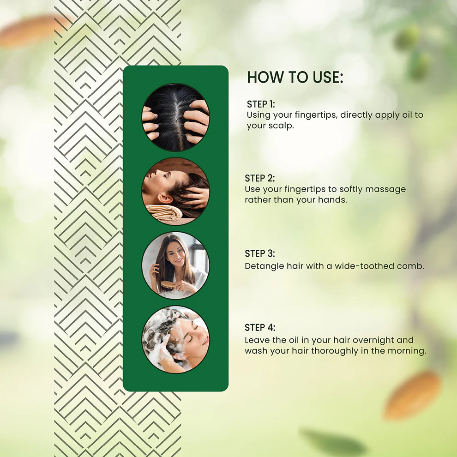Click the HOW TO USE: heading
point(295,77)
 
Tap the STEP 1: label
point(261,104)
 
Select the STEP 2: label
point(260,178)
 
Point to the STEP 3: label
point(260,253)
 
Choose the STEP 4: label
point(260,327)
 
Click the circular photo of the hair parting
point(175,117)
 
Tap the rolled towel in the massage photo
point(164,212)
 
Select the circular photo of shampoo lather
point(175,339)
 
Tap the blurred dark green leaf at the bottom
point(332,442)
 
